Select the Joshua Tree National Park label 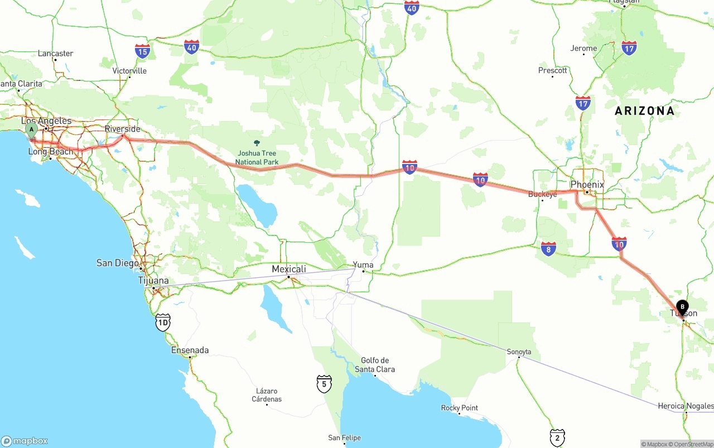257,157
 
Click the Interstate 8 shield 548,249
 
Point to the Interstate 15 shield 142,52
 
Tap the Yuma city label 363,265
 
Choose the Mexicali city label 289,269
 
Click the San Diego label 118,263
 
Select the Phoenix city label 587,184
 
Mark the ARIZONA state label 644,111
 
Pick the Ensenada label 190,350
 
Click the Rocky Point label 460,408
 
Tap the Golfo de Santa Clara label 375,365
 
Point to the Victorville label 129,71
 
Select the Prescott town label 553,70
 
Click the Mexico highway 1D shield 163,322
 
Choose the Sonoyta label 519,351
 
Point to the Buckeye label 543,194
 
